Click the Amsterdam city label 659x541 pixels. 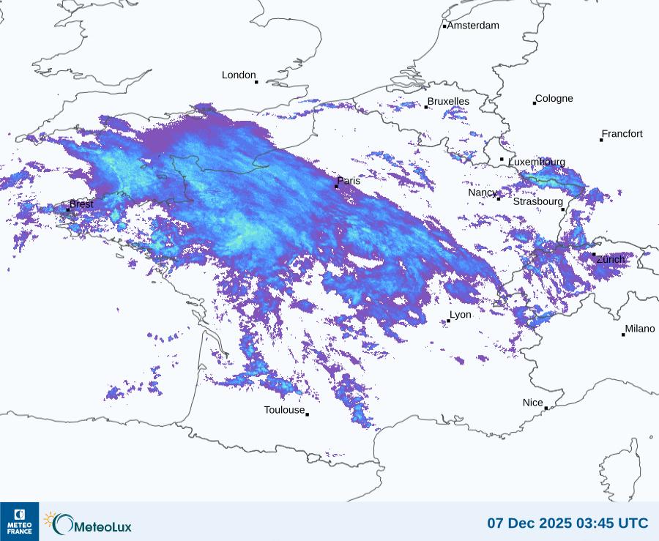[x=473, y=26]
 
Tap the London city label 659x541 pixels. [x=239, y=75]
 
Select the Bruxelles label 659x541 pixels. [x=448, y=101]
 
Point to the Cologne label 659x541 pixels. [x=554, y=99]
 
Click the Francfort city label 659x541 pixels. [x=622, y=134]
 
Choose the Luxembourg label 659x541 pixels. [x=537, y=162]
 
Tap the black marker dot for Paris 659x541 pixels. [x=336, y=187]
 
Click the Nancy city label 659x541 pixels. [x=483, y=193]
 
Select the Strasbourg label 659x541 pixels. [x=538, y=201]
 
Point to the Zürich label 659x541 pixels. [x=611, y=259]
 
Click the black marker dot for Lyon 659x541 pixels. [x=448, y=321]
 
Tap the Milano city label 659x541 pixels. [x=640, y=329]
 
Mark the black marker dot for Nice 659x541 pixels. [x=546, y=408]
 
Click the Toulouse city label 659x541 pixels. [x=284, y=410]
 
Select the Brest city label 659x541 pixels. [x=81, y=204]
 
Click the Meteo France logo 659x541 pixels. [x=19, y=521]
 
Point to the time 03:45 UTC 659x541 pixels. [x=617, y=523]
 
